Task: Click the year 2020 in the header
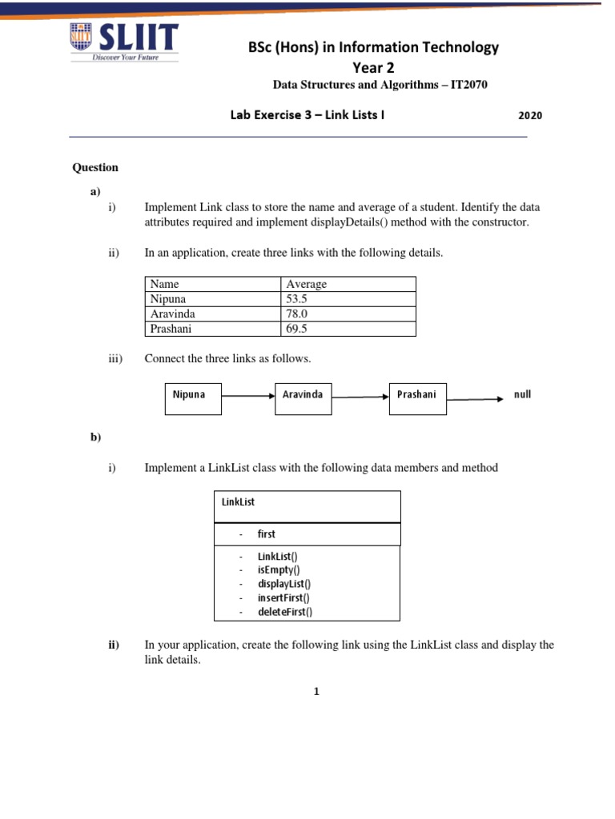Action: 529,115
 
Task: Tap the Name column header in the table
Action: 165,284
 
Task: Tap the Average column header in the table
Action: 307,284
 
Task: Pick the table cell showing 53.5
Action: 298,299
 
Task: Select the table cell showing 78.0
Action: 298,314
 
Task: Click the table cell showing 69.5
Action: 298,329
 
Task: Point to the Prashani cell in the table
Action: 172,329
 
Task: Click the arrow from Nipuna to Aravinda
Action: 247,396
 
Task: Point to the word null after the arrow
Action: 522,394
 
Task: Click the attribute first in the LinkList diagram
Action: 267,533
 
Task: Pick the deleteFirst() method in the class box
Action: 285,612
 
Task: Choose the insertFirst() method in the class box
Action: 283,597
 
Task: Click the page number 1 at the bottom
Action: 317,692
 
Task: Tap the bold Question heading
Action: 95,167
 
